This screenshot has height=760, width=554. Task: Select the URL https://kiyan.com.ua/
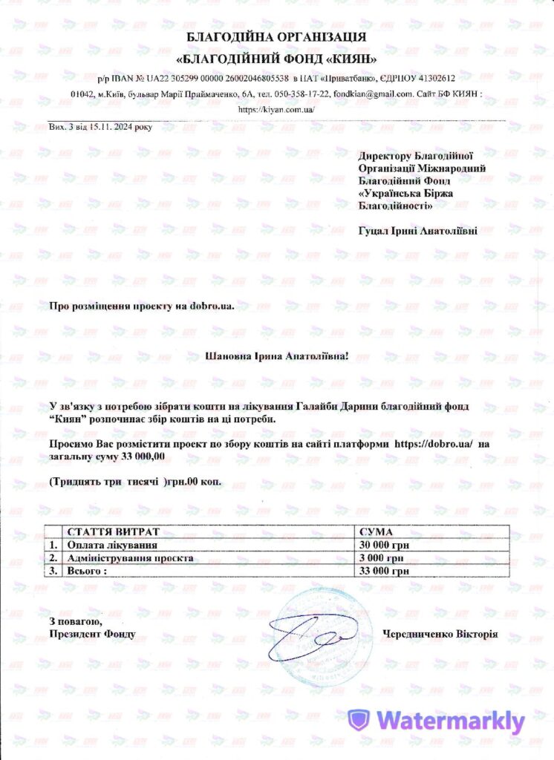[277, 109]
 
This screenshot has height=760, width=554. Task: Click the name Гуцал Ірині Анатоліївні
[417, 230]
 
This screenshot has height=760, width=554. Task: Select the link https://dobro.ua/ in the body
[433, 444]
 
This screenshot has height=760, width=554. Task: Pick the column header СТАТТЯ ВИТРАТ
[113, 533]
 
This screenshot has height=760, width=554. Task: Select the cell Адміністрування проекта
[130, 558]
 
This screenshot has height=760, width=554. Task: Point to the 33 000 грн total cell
[384, 571]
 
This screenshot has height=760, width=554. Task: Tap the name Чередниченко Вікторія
[440, 635]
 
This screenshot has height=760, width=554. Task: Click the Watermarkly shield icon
[360, 721]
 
